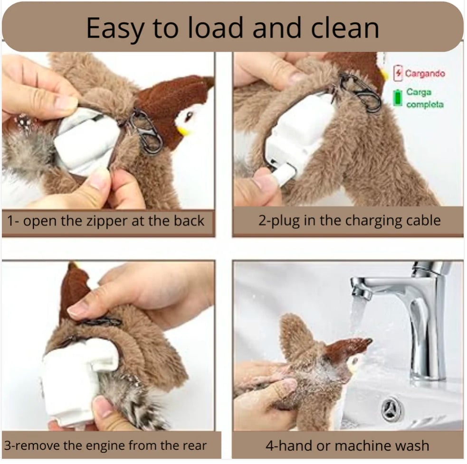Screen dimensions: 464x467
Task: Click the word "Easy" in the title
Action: tap(114, 28)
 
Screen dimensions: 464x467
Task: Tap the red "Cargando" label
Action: tap(424, 74)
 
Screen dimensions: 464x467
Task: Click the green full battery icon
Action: tap(398, 97)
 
